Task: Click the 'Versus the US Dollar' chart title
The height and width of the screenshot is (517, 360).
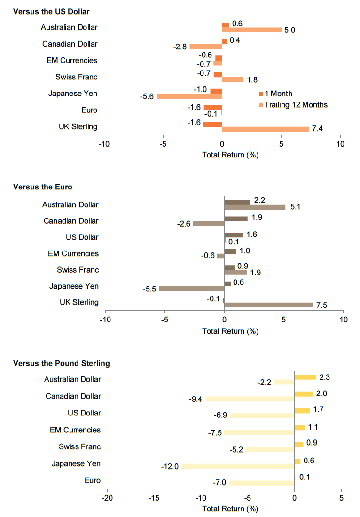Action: coord(51,11)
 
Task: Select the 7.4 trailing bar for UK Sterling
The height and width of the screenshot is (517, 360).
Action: coord(266,129)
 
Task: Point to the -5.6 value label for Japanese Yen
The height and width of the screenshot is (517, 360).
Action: coord(146,96)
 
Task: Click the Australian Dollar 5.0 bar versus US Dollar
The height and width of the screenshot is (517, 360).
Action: coord(251,30)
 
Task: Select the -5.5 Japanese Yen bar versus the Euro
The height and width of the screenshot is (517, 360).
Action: coord(192,288)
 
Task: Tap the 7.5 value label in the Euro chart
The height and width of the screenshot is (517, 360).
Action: coord(321,305)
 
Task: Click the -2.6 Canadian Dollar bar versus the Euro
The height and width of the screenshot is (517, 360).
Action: coord(209,224)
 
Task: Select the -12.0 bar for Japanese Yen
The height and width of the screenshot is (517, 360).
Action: coord(238,466)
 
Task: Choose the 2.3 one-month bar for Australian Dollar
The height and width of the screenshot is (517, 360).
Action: coord(305,377)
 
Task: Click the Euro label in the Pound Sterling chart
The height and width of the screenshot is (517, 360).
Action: coord(92,480)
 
